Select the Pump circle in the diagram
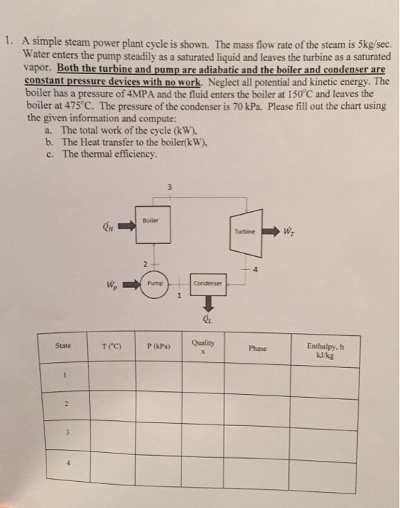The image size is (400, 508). pyautogui.click(x=154, y=283)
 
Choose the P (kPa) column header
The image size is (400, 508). pyautogui.click(x=158, y=347)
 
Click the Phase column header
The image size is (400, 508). pyautogui.click(x=258, y=348)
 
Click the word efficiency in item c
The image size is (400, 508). pyautogui.click(x=134, y=155)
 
